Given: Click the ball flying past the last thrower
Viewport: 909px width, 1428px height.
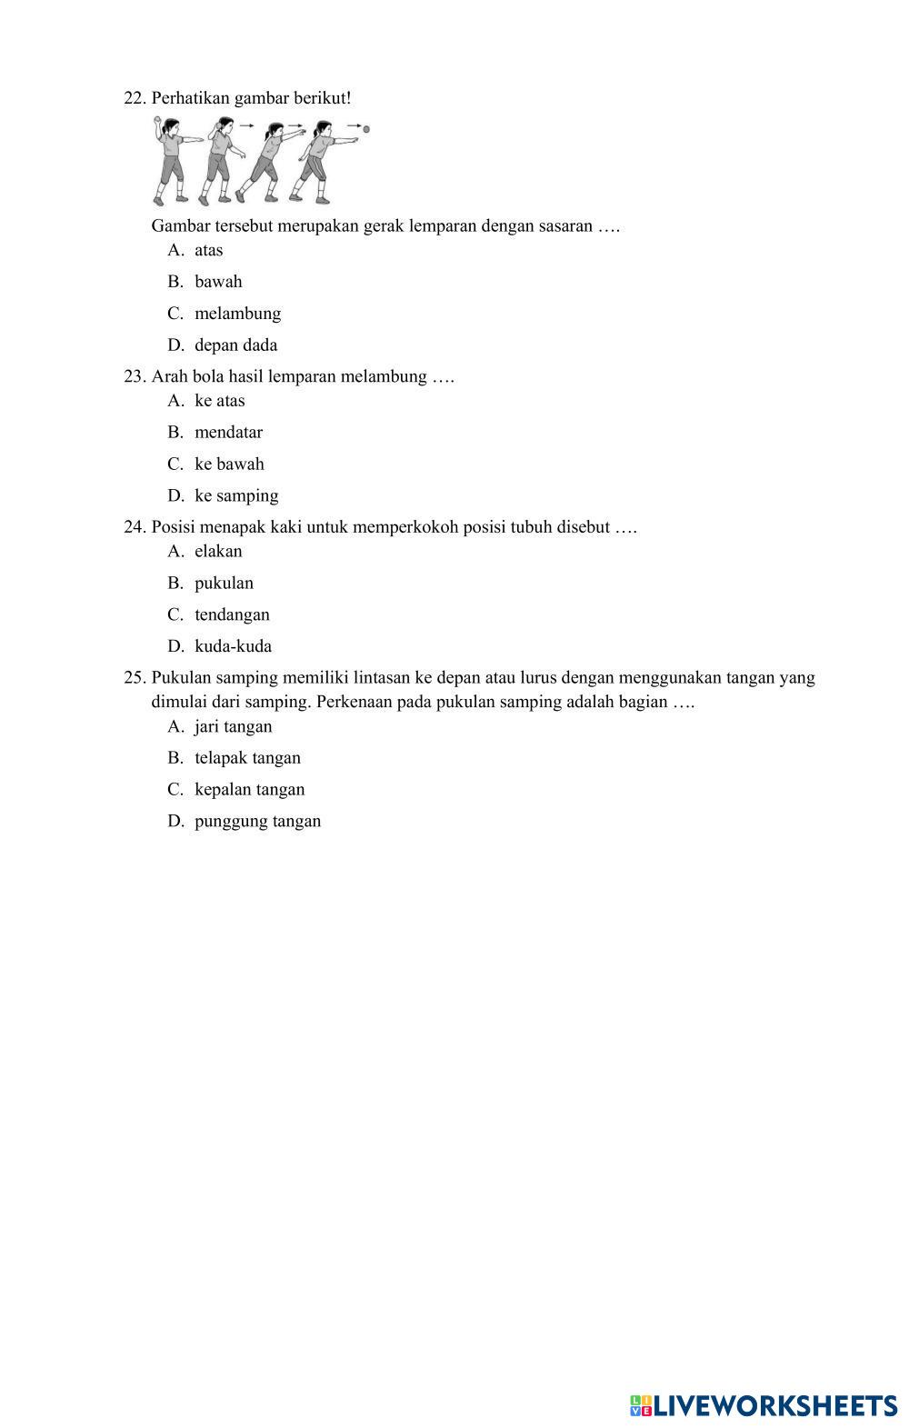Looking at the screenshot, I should [366, 130].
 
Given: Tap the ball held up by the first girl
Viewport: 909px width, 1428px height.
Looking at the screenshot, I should [156, 120].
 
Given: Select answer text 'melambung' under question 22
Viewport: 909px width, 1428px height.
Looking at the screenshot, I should [237, 314].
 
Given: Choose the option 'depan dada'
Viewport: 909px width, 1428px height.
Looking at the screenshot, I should [235, 345].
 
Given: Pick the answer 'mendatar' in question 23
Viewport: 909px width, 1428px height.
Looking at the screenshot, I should [228, 433].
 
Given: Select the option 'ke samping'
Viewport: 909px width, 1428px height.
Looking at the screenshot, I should [236, 496].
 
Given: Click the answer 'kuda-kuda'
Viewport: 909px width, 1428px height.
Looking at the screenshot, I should [233, 647].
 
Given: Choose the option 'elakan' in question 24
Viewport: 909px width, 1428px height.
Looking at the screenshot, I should [218, 552].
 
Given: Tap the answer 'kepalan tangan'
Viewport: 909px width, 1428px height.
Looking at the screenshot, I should [249, 790].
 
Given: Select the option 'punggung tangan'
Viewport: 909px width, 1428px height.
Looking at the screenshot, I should [257, 822].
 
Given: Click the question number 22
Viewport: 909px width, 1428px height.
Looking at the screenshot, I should [135, 98].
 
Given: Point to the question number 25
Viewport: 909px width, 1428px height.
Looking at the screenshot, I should [135, 678].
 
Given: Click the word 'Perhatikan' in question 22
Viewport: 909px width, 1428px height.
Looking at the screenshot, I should [190, 98].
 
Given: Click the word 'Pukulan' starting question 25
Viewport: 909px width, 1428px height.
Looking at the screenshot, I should [182, 678].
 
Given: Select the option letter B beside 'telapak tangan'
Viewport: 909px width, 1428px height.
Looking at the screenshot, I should [175, 758].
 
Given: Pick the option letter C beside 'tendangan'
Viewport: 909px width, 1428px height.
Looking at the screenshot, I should [175, 615].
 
